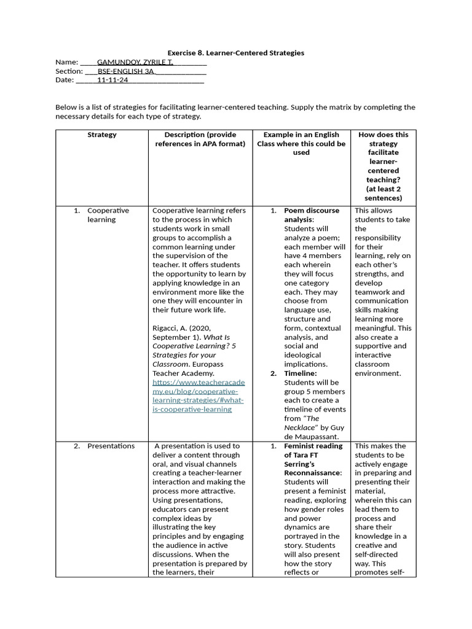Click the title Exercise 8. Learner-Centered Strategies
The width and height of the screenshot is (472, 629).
(236, 53)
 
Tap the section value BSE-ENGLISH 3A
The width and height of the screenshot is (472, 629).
(126, 71)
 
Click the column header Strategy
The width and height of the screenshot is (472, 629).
(102, 135)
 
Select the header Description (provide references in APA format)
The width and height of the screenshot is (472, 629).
(200, 139)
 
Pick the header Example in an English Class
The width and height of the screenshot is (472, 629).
(301, 143)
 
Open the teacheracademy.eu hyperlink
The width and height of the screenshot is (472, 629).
(198, 391)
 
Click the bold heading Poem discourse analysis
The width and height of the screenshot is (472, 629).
(311, 215)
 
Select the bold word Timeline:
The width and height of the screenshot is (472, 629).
(300, 373)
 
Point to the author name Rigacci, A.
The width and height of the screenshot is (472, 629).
(169, 328)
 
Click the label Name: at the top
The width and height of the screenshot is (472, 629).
(66, 62)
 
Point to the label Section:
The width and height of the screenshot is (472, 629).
(69, 71)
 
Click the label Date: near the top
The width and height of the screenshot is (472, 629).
(65, 80)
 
